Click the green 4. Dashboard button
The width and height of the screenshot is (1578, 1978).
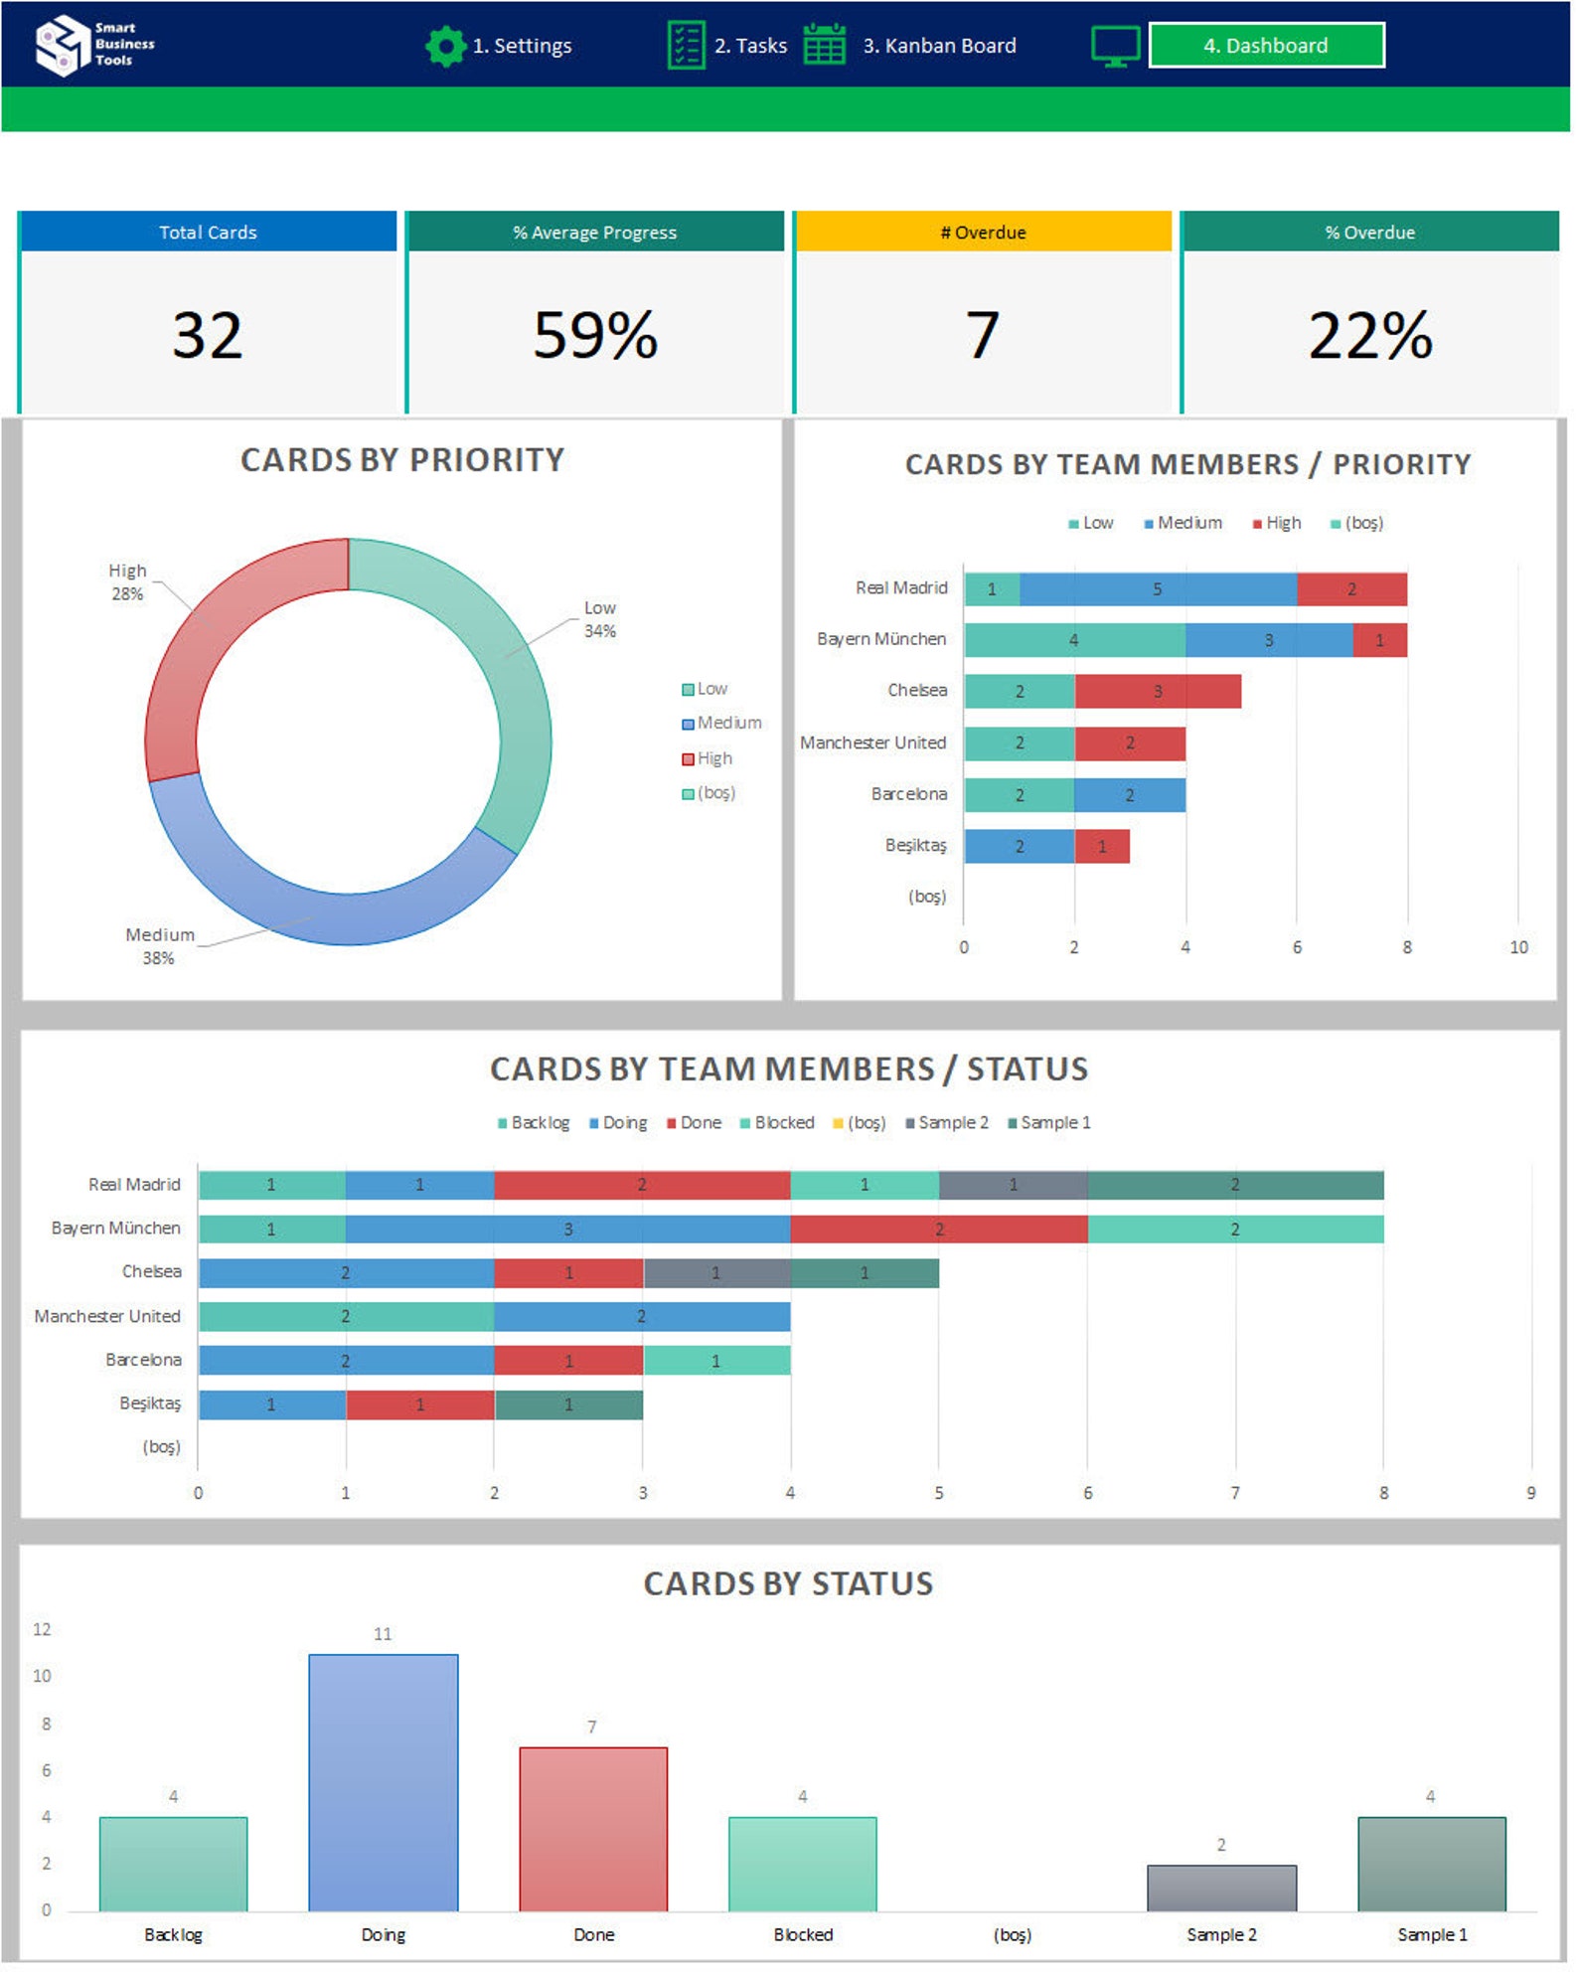coord(1265,46)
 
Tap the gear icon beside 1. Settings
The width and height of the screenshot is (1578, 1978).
coord(444,46)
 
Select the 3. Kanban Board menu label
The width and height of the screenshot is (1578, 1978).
coord(938,46)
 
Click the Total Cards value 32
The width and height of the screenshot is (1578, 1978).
coord(207,335)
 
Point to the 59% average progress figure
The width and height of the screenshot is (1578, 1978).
coord(594,335)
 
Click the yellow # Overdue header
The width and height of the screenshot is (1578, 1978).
coord(982,232)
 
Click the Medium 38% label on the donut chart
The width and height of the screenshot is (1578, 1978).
coord(158,945)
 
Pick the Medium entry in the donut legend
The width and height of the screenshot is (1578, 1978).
coord(728,723)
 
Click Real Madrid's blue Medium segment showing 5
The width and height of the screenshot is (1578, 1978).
coord(1157,589)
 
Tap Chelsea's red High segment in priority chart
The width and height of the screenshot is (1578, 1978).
coord(1157,692)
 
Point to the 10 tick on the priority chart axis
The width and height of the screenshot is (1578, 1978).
coord(1517,947)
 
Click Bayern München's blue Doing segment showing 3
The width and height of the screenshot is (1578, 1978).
coord(567,1230)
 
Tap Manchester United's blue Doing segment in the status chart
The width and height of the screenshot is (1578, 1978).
coord(641,1317)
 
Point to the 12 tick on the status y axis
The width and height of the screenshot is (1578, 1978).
coord(42,1629)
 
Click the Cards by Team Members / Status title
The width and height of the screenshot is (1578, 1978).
coord(788,1069)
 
